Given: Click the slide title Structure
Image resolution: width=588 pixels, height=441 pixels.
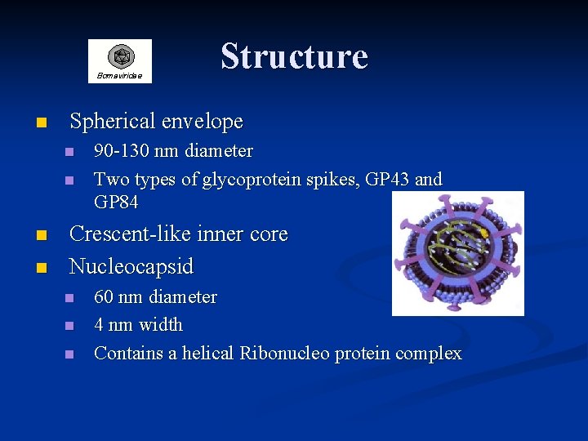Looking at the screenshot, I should [294, 56].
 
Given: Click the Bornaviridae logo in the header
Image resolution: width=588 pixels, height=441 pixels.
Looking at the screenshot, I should [120, 60].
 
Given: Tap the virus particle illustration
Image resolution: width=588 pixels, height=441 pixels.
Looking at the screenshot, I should [457, 253].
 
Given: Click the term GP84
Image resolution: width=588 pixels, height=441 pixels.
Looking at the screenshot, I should [116, 202].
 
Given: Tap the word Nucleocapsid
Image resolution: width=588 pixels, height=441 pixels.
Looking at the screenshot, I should [131, 266].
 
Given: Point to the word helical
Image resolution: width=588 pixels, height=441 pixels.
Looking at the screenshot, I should [207, 354].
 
